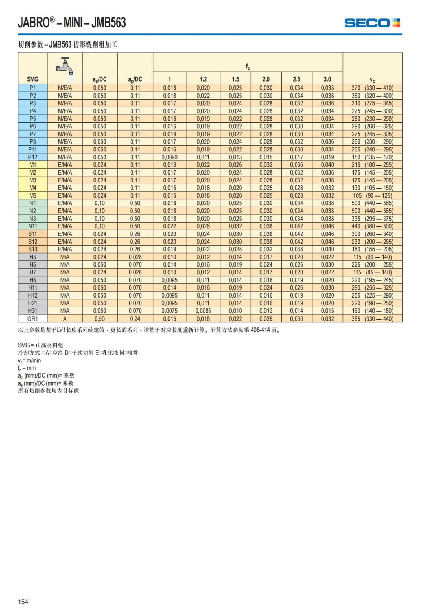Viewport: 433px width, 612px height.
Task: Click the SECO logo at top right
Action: tap(372, 23)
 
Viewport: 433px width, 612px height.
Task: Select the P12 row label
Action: tap(32, 157)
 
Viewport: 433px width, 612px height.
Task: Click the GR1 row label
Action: tap(32, 319)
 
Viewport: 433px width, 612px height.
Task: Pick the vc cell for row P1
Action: tap(372, 88)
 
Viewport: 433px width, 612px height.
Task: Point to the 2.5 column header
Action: tap(297, 79)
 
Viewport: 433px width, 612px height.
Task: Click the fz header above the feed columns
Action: tap(248, 66)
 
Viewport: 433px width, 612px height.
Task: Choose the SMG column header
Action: tap(32, 79)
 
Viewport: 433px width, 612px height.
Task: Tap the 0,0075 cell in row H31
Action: tap(170, 311)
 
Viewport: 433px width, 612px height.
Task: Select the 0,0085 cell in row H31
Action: tap(203, 311)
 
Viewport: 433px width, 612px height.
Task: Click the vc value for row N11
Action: tap(372, 226)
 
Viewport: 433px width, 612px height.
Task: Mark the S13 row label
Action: tap(32, 249)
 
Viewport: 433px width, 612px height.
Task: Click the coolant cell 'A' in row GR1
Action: tap(65, 319)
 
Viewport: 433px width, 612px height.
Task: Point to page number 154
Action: tap(23, 602)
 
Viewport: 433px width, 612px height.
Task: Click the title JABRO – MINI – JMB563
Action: tap(72, 23)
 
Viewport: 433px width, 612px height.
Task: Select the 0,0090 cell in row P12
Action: tap(170, 157)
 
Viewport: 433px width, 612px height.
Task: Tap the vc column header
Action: tap(372, 80)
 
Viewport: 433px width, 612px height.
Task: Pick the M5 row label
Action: tap(32, 195)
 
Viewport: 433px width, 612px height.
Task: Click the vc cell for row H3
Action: tap(372, 257)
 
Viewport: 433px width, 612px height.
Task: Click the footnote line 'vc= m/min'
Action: tap(30, 361)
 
